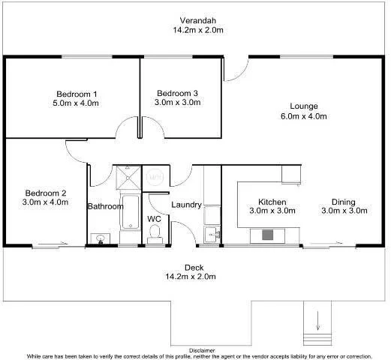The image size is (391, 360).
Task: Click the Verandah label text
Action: [x=198, y=19]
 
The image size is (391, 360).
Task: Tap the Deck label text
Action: [x=194, y=268]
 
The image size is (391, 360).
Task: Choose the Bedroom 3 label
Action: [x=177, y=93]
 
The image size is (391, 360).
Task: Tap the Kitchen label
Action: [x=271, y=202]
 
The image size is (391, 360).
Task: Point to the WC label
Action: [x=154, y=218]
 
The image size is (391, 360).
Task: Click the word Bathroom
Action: [x=102, y=206]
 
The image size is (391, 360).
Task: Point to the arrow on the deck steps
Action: [x=318, y=325]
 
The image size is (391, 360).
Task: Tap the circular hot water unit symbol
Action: [x=155, y=178]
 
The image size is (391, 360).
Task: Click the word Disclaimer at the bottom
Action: [x=201, y=349]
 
